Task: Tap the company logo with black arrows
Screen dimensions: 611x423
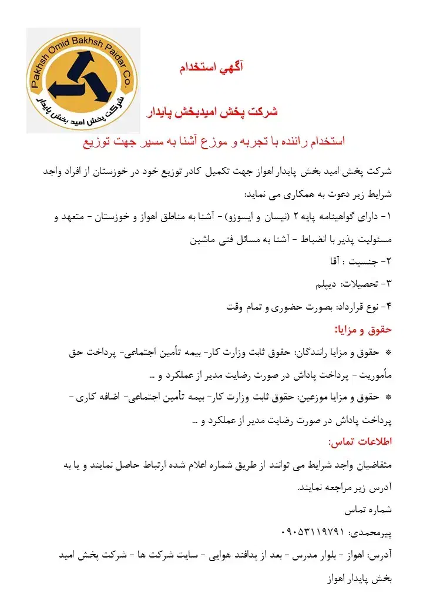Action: click(83, 80)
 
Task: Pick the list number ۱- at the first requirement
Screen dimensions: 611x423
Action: click(385, 217)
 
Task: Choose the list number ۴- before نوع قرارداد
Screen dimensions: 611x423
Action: click(385, 306)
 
